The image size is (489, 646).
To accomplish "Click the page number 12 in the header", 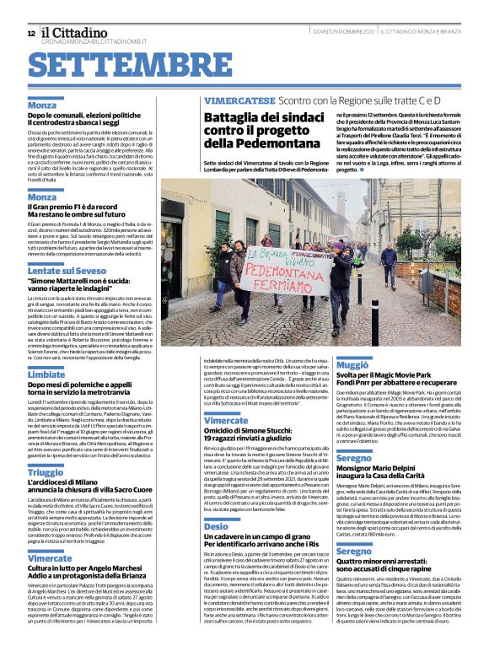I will [30, 33].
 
